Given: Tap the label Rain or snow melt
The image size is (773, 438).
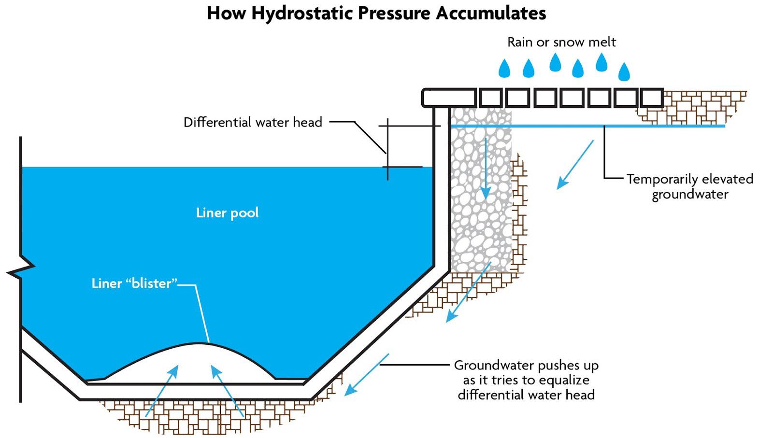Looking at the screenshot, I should (561, 42).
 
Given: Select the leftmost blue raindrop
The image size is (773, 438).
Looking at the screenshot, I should (504, 69).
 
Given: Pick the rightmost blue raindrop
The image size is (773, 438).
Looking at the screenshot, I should (624, 72).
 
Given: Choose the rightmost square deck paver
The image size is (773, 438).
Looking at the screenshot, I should (651, 98).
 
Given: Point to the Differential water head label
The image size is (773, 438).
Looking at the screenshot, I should (253, 122).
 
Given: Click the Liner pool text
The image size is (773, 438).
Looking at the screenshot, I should (227, 212).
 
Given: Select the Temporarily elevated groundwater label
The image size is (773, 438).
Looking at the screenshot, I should (689, 186).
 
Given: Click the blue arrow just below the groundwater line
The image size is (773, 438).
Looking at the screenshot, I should (575, 165).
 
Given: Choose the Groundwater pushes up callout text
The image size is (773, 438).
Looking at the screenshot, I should (526, 380).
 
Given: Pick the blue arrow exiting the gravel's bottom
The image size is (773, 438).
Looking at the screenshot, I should (468, 293).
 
